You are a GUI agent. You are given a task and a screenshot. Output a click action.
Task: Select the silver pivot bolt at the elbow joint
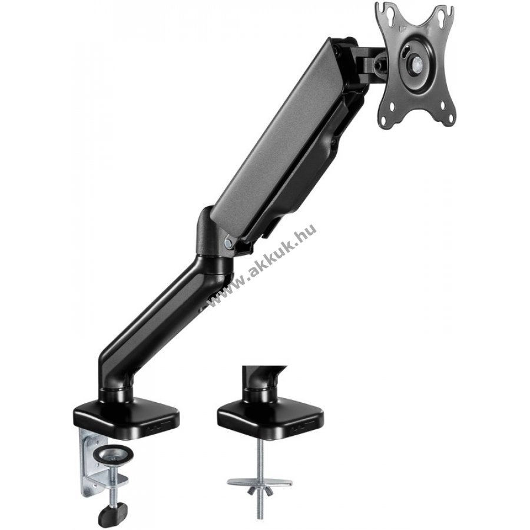click(x=228, y=242)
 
